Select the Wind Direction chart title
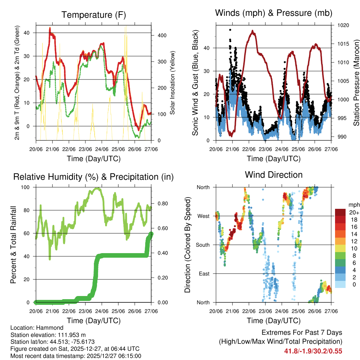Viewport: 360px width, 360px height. pyautogui.click(x=274, y=174)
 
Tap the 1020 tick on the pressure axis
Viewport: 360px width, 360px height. pyautogui.click(x=342, y=25)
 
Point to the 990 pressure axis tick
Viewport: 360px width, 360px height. pyautogui.click(x=341, y=137)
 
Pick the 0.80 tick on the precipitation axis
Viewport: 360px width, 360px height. pyautogui.click(x=159, y=204)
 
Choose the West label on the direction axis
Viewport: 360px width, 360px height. pyautogui.click(x=203, y=216)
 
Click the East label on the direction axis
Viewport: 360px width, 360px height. pyautogui.click(x=204, y=274)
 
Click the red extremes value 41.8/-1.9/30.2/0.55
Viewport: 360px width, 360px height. pyautogui.click(x=313, y=351)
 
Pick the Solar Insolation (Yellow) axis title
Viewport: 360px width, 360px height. pyautogui.click(x=172, y=83)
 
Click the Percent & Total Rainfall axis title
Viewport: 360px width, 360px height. pyautogui.click(x=13, y=245)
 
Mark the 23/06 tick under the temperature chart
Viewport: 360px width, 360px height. pyautogui.click(x=85, y=149)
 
